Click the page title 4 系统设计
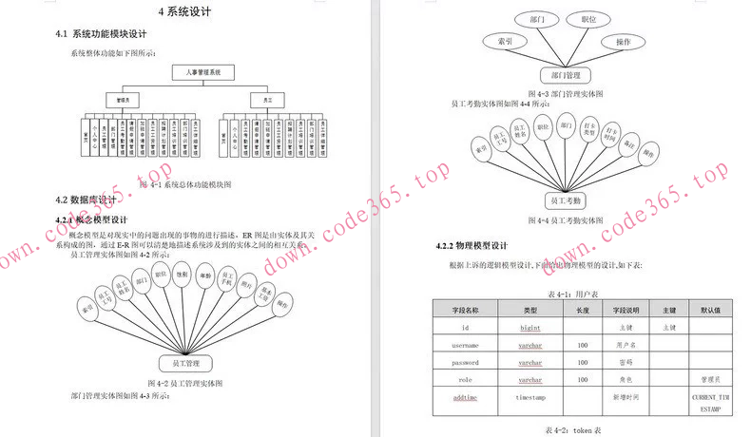tap(184, 12)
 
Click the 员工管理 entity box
tap(185, 363)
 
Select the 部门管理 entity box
tap(566, 75)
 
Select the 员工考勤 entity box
tap(566, 200)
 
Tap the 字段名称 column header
tap(466, 310)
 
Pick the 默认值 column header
tap(709, 310)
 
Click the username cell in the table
tap(465, 345)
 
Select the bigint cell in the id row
tap(530, 328)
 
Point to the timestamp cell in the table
tap(530, 396)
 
